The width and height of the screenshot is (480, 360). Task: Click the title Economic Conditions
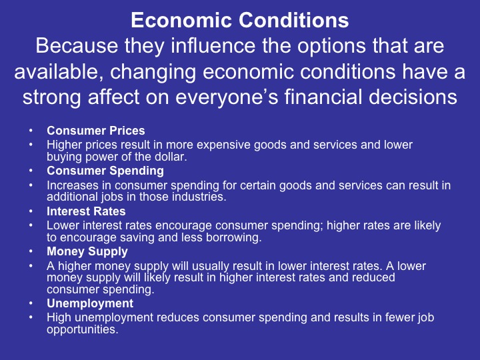(x=239, y=21)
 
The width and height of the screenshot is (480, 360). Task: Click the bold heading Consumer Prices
(x=95, y=131)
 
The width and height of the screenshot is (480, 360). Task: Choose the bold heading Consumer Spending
(x=105, y=171)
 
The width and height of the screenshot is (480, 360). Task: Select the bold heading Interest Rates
(x=86, y=211)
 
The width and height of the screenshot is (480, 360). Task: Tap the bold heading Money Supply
(x=87, y=252)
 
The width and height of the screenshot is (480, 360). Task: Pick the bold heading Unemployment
(x=89, y=303)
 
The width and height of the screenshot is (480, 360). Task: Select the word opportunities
(x=82, y=329)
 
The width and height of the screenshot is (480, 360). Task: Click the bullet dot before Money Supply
(x=31, y=253)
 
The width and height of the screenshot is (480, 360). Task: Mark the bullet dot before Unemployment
(x=31, y=304)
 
